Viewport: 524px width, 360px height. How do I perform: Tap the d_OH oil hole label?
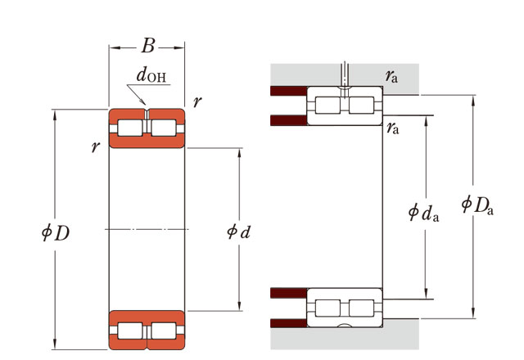[x=151, y=78]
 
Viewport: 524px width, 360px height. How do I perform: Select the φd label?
[x=237, y=231]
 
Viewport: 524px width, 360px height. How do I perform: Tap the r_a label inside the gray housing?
[x=392, y=77]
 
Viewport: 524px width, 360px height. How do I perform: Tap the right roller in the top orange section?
[x=164, y=128]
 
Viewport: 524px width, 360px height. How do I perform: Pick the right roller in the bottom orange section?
[x=164, y=331]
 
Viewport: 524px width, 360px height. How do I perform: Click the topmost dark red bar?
[x=288, y=89]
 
